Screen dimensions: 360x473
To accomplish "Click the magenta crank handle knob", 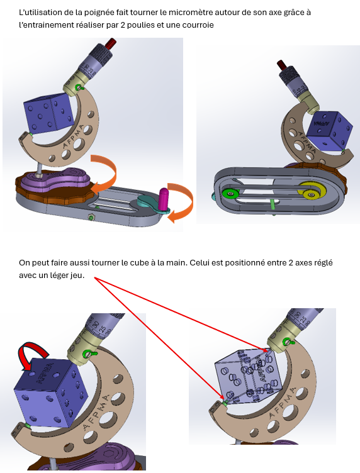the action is pyautogui.click(x=163, y=199).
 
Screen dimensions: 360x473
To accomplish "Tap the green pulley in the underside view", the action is pyautogui.click(x=230, y=193).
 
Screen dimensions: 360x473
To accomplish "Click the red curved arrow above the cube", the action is pyautogui.click(x=31, y=355).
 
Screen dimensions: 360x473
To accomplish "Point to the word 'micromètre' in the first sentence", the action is pyautogui.click(x=187, y=13).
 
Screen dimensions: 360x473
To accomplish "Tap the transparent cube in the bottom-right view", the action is pyautogui.click(x=249, y=376).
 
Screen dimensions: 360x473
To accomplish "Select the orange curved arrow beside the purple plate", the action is pyautogui.click(x=104, y=174).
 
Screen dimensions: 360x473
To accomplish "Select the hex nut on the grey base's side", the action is pyautogui.click(x=89, y=217).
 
